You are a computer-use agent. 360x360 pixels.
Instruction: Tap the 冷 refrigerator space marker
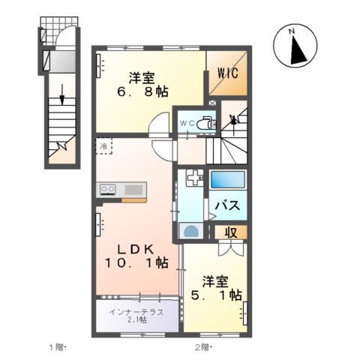pyautogui.click(x=103, y=146)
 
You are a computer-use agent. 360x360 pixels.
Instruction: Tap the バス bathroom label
pyautogui.click(x=227, y=205)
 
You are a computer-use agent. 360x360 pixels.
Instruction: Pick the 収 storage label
pyautogui.click(x=231, y=233)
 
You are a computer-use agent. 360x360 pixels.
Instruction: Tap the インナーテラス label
pyautogui.click(x=136, y=310)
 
